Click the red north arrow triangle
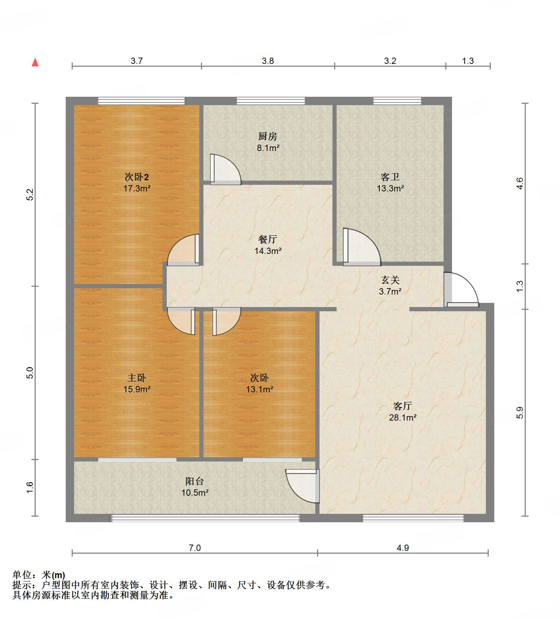pos(35,63)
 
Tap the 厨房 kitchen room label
pos(268,136)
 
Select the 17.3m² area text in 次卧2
pos(137,189)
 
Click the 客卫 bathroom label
pos(390,177)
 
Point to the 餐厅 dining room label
pos(268,239)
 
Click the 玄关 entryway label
pos(390,280)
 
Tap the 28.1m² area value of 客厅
pos(402,417)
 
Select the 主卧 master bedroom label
pos(137,378)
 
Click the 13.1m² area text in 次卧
pos(259,389)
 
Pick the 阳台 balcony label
pos(195,481)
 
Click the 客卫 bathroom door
pos(362,246)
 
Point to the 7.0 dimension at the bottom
pos(195,548)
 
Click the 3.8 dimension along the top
pos(268,61)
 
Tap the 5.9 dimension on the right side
pos(520,413)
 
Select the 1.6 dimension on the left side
pos(30,487)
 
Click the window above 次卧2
pos(141,101)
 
